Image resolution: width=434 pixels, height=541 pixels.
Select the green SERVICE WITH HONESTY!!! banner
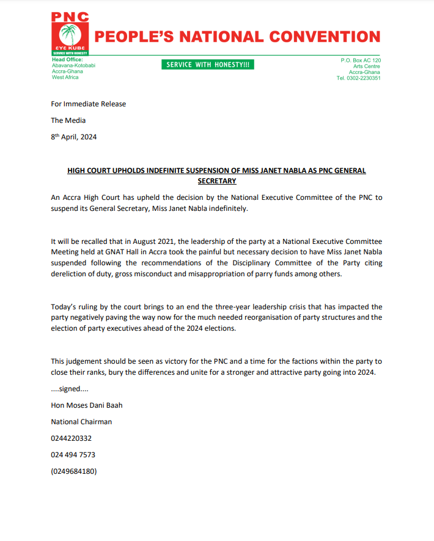tap(208, 65)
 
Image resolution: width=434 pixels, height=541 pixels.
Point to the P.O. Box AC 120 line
tap(361, 60)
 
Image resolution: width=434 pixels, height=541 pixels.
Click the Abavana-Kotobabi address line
tap(73, 65)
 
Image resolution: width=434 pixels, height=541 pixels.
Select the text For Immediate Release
tap(88, 104)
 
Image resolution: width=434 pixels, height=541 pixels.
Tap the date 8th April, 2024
tap(73, 137)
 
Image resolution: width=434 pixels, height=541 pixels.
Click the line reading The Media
tap(68, 120)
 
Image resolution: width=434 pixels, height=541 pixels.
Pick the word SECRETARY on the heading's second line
tap(216, 181)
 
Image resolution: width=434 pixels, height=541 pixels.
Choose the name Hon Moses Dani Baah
tap(86, 405)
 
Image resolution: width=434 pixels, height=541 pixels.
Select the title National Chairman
tap(81, 422)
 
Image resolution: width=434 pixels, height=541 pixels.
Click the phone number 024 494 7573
tap(73, 455)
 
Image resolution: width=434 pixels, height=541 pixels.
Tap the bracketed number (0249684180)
tap(73, 471)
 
